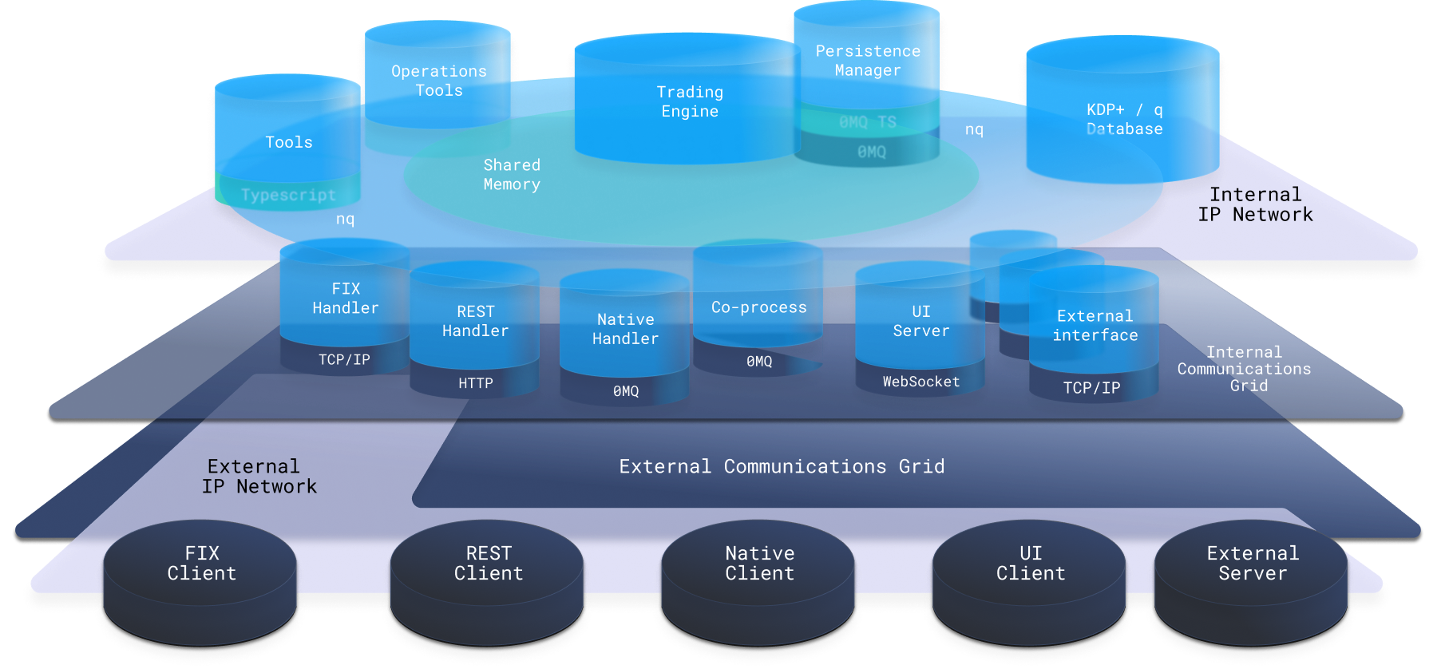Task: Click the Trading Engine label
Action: [690, 102]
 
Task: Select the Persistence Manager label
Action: [868, 61]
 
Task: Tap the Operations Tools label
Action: [438, 81]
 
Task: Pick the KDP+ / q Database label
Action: [1124, 120]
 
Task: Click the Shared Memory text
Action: [512, 175]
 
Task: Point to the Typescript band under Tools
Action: [288, 195]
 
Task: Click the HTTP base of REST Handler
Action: [475, 383]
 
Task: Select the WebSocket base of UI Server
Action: [920, 382]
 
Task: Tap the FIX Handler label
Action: [346, 299]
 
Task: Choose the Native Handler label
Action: [625, 329]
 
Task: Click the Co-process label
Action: [758, 307]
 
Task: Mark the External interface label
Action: [1095, 326]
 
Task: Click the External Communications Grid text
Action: [782, 466]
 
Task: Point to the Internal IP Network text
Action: [1255, 204]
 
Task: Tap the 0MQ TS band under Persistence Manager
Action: [868, 122]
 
